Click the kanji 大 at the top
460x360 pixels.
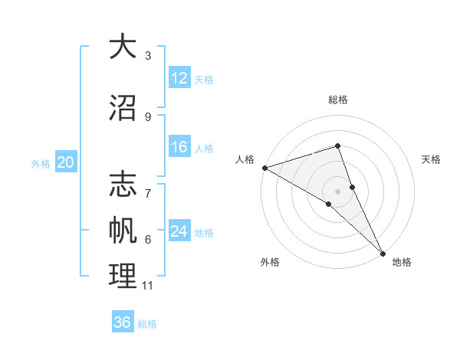pos(123,47)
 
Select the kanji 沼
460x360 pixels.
pos(123,108)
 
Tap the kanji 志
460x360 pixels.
pos(123,185)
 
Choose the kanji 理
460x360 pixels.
pos(123,277)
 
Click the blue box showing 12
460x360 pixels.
pos(179,78)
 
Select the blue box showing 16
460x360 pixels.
pos(179,147)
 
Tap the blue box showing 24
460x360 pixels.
pos(179,231)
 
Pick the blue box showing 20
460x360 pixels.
pos(66,162)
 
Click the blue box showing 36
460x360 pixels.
pos(123,322)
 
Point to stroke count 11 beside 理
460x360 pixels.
pos(147,286)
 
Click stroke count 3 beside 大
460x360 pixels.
pos(148,56)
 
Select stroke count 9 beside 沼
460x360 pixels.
pos(148,117)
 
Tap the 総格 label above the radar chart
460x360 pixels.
pos(338,100)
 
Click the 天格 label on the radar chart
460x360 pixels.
pos(432,159)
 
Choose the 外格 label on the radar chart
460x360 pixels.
pos(270,262)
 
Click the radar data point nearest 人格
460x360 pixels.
pos(264,167)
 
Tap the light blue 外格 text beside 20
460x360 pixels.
pos(41,163)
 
